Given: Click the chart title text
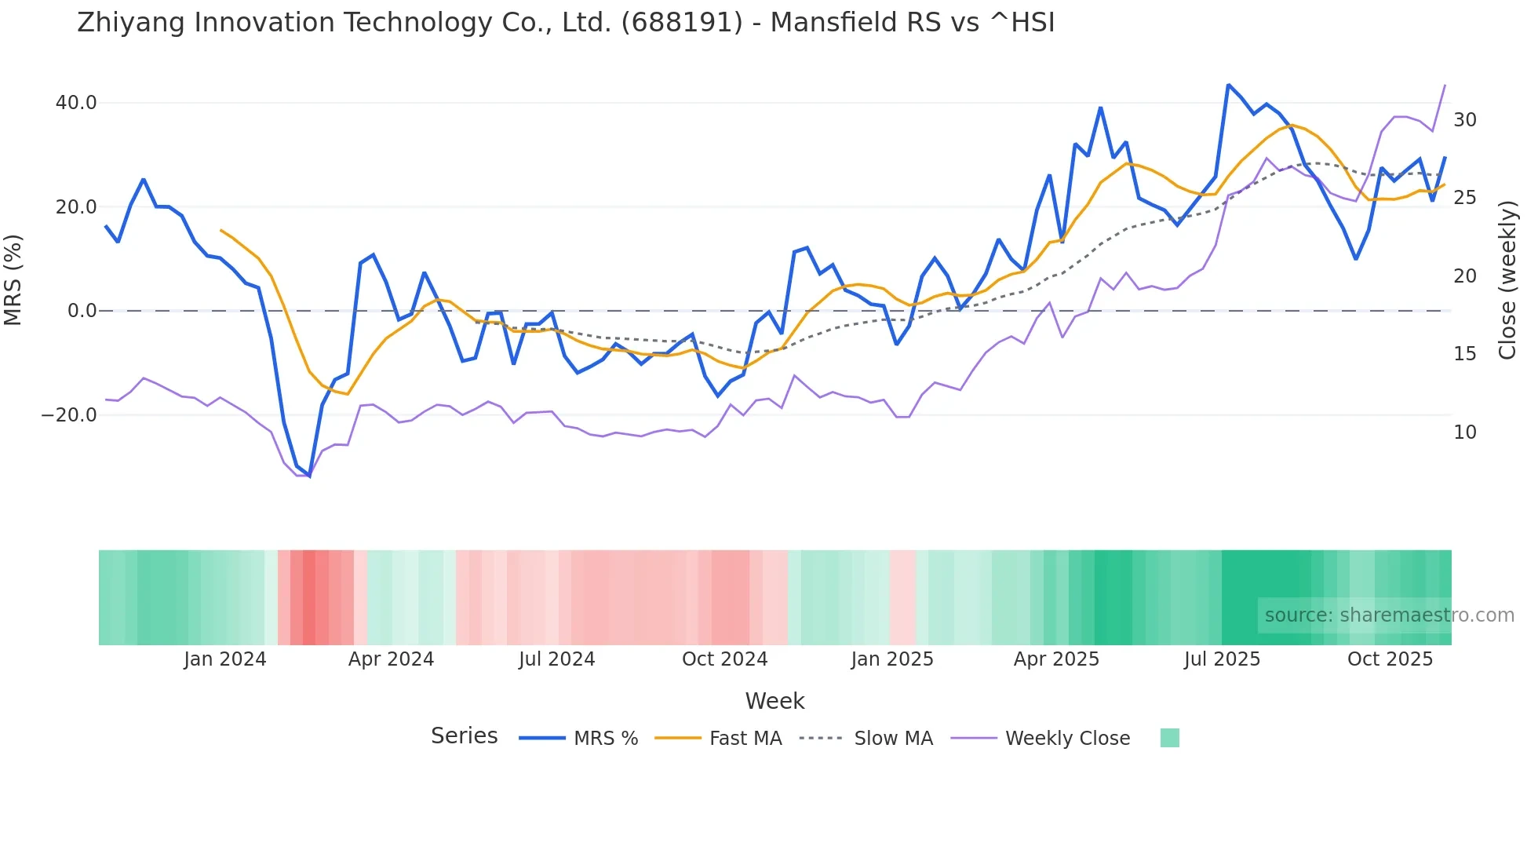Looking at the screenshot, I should pos(566,23).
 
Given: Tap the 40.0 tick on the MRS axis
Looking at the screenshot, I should pos(76,103).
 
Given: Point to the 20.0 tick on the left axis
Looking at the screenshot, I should pos(76,207).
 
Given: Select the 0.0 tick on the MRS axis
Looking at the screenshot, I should pos(82,311).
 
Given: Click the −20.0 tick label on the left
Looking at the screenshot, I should pos(69,415).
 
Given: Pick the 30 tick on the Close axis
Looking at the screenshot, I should pos(1465,120).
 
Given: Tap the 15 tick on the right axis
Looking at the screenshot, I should pos(1465,354).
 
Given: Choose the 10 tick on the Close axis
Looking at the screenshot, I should pos(1465,432).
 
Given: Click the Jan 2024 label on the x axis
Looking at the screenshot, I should pos(225,659).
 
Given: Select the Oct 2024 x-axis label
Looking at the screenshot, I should pos(724,659).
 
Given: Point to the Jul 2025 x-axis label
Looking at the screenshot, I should pos(1222,659).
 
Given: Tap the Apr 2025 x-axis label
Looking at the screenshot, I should pos(1056,659).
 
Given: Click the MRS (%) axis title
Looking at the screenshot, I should pos(13,279).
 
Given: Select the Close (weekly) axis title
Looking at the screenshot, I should pos(1507,279).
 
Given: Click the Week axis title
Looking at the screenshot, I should pos(774,701).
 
